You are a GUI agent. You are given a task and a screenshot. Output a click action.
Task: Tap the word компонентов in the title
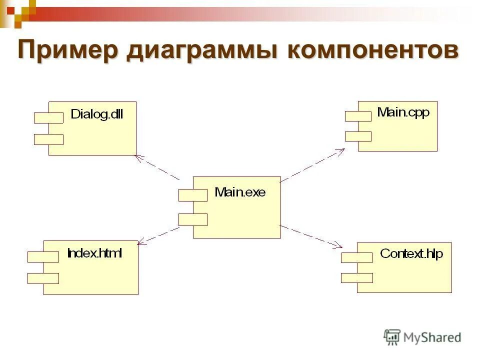tap(372, 52)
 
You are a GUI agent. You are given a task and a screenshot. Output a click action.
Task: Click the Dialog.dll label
tap(96, 114)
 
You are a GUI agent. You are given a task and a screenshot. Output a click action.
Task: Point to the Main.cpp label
tap(403, 112)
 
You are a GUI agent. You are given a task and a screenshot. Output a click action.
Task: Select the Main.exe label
tap(240, 191)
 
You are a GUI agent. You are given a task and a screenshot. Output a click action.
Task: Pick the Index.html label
tap(94, 253)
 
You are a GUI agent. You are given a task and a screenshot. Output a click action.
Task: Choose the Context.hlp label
tap(411, 253)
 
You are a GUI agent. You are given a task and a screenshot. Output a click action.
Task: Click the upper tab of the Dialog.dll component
tap(48, 118)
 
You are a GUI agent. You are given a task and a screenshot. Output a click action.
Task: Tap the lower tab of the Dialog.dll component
tap(48, 139)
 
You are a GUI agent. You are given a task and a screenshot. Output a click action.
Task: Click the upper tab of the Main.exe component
tap(193, 195)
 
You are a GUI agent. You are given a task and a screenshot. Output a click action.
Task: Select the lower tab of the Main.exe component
tap(193, 219)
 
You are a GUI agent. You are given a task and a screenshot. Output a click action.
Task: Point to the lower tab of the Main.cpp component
tap(358, 136)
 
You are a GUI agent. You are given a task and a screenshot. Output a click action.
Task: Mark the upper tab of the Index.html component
tap(43, 257)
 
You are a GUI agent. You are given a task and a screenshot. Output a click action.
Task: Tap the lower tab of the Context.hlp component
tap(356, 277)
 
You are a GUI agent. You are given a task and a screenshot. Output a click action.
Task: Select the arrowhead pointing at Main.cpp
tap(341, 151)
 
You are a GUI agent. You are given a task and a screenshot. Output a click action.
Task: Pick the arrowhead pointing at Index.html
tap(141, 242)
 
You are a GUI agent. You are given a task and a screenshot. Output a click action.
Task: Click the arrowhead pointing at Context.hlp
tap(338, 245)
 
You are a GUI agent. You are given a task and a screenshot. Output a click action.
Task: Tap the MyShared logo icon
tap(392, 336)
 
